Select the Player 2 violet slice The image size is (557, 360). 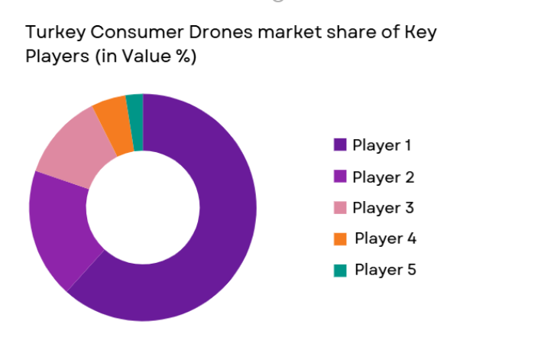(61, 229)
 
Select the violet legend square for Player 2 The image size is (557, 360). (340, 177)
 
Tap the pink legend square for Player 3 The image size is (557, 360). (340, 207)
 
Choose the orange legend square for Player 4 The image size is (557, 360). (340, 238)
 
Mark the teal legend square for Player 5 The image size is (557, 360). (340, 270)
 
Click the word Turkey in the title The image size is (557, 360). (52, 33)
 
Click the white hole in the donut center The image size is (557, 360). (143, 207)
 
